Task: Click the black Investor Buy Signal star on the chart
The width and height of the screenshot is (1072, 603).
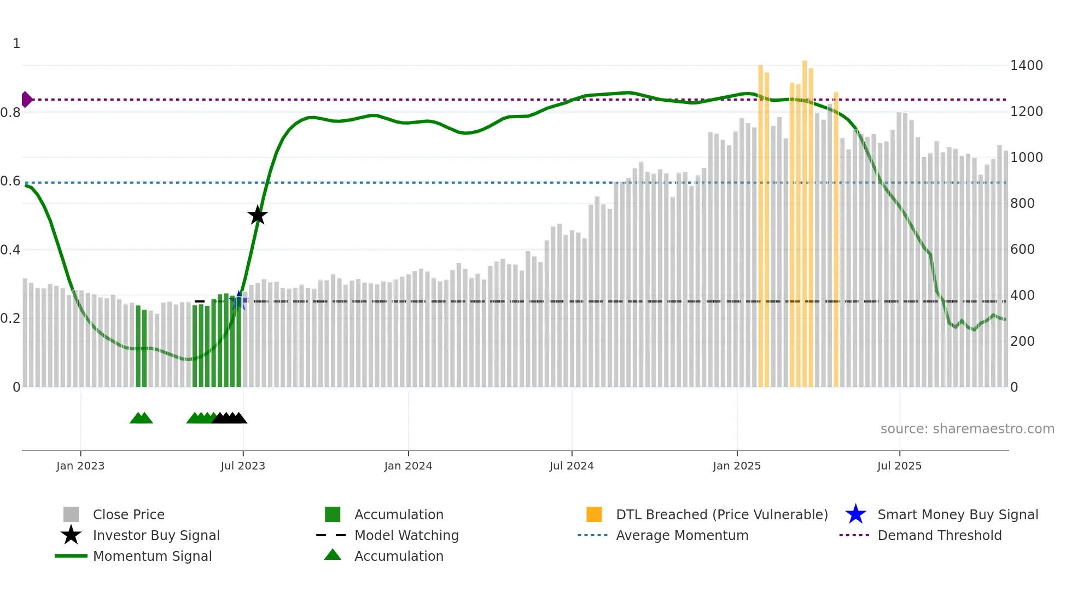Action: pyautogui.click(x=257, y=216)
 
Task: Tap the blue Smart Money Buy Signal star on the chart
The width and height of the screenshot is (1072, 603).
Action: pyautogui.click(x=239, y=301)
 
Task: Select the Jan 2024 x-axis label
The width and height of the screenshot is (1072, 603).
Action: pyautogui.click(x=408, y=466)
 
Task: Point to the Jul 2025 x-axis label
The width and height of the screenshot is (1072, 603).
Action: pyautogui.click(x=899, y=466)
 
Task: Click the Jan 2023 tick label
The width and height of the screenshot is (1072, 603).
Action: pyautogui.click(x=80, y=466)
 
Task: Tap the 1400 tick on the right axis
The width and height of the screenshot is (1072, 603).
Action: pyautogui.click(x=1026, y=66)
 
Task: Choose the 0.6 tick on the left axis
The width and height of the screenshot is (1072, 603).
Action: pyautogui.click(x=10, y=181)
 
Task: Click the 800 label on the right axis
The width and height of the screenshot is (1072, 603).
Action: pyautogui.click(x=1022, y=204)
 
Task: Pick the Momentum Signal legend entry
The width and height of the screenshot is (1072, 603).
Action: pyautogui.click(x=152, y=556)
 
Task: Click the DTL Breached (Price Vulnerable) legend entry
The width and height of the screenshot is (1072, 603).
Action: pyautogui.click(x=721, y=514)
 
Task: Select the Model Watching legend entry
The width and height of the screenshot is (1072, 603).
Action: pyautogui.click(x=406, y=535)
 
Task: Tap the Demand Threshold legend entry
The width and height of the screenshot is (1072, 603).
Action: pyautogui.click(x=939, y=535)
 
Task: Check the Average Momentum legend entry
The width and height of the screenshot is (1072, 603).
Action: pyautogui.click(x=681, y=535)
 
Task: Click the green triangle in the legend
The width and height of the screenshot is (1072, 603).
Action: pyautogui.click(x=333, y=555)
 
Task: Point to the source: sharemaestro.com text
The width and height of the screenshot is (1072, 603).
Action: pyautogui.click(x=967, y=429)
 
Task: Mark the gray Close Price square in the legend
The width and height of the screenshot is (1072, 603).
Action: pyautogui.click(x=71, y=514)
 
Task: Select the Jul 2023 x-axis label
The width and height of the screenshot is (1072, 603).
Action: pyautogui.click(x=243, y=466)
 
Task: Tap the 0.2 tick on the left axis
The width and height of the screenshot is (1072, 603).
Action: pyautogui.click(x=10, y=318)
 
